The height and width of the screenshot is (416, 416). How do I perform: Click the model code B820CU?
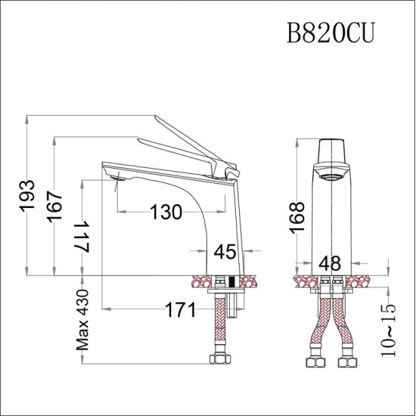330,35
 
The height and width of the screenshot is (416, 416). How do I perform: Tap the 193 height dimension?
27,196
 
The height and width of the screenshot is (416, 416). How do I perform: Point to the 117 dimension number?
82,237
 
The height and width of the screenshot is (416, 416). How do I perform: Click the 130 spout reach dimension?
165,213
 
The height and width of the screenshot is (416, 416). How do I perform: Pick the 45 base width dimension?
225,251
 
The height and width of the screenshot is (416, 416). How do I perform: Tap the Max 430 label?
82,321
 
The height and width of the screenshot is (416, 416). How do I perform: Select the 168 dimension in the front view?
296,219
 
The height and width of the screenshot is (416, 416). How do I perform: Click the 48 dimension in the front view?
331,262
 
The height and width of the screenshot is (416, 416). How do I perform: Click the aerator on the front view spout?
331,177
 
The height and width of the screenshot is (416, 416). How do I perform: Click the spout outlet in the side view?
116,179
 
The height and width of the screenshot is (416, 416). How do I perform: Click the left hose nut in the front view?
314,362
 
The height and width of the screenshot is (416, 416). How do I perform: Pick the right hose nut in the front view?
347,362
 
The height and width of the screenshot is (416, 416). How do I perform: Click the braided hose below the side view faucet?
221,321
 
